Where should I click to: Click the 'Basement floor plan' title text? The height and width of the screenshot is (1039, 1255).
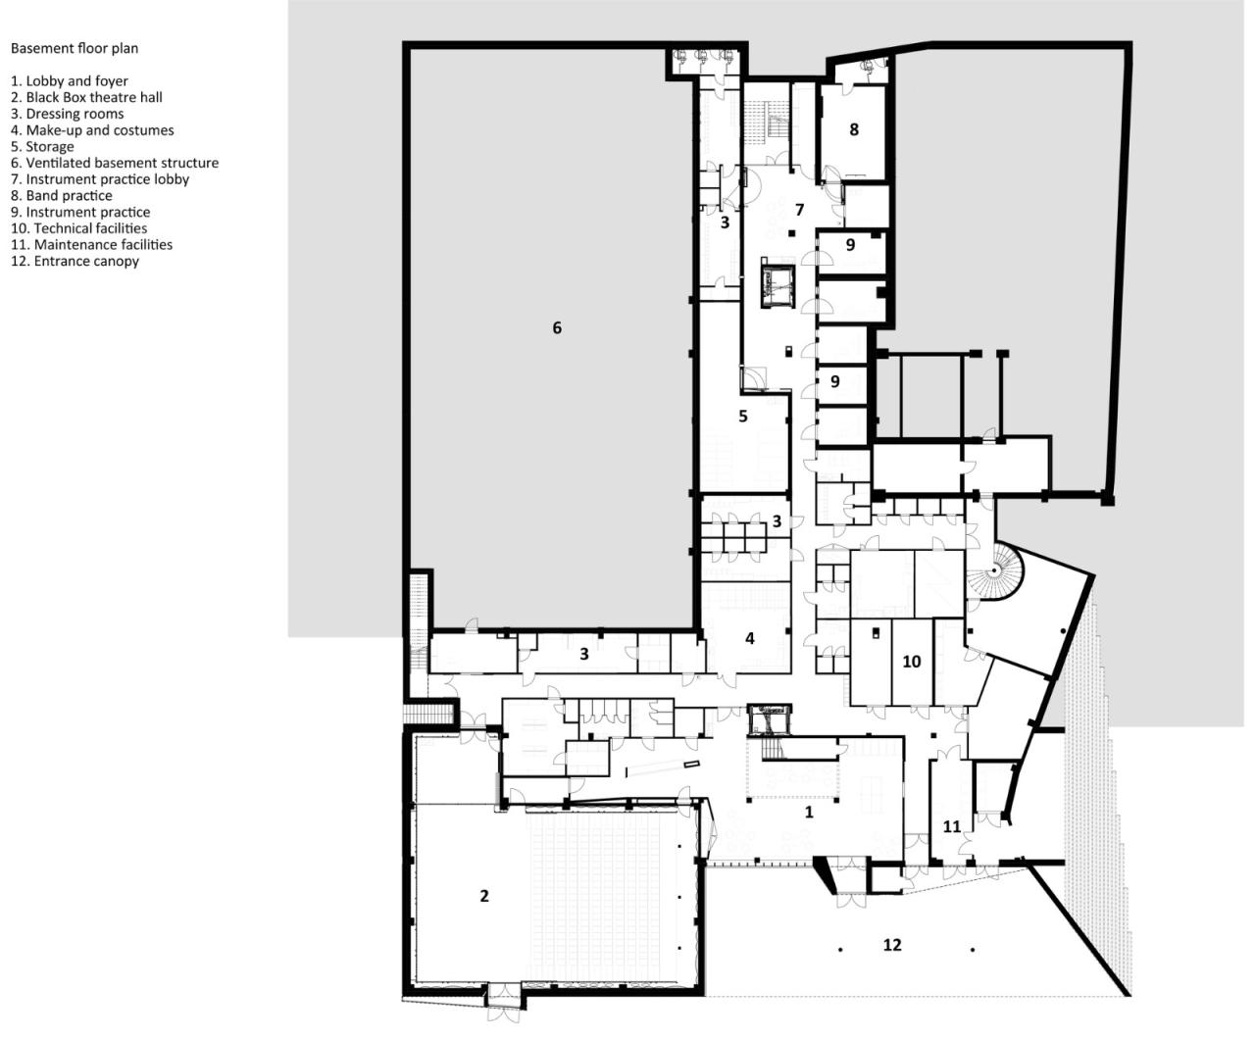point(75,48)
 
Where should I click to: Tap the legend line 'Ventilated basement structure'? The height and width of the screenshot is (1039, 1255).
point(115,163)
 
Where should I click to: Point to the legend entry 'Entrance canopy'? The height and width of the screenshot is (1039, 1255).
point(75,261)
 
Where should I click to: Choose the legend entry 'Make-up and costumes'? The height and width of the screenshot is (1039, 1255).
point(92,130)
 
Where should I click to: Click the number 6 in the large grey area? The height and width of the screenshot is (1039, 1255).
point(557,327)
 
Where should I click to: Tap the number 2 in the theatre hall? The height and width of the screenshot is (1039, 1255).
point(484,896)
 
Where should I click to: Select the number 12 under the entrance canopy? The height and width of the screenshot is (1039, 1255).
point(891,945)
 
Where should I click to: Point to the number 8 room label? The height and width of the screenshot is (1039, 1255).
point(854,129)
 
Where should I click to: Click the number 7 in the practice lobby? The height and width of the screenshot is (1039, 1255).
point(799,210)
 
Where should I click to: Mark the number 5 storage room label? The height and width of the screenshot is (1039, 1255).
point(743,417)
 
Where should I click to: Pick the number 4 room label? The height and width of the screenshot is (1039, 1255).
point(750,639)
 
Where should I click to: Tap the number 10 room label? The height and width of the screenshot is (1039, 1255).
point(912,662)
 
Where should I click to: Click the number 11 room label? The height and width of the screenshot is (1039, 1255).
point(951,826)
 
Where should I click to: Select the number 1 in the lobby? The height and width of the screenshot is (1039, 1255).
point(809,813)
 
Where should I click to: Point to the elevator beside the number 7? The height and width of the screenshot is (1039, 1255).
point(778,284)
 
